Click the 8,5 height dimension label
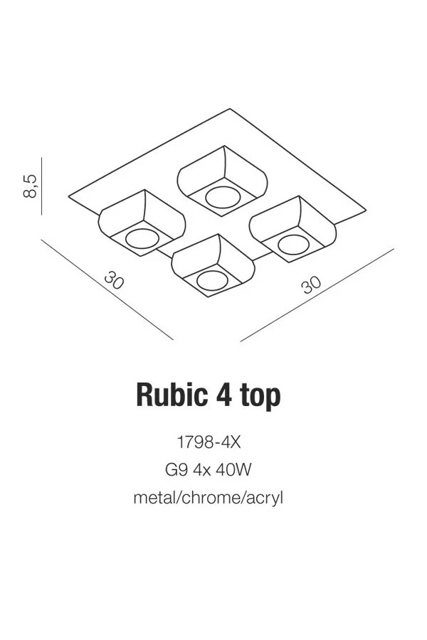[30, 186]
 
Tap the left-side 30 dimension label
[114, 280]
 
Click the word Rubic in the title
[172, 395]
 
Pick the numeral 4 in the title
[224, 395]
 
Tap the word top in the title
[260, 397]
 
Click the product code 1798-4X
[209, 442]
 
